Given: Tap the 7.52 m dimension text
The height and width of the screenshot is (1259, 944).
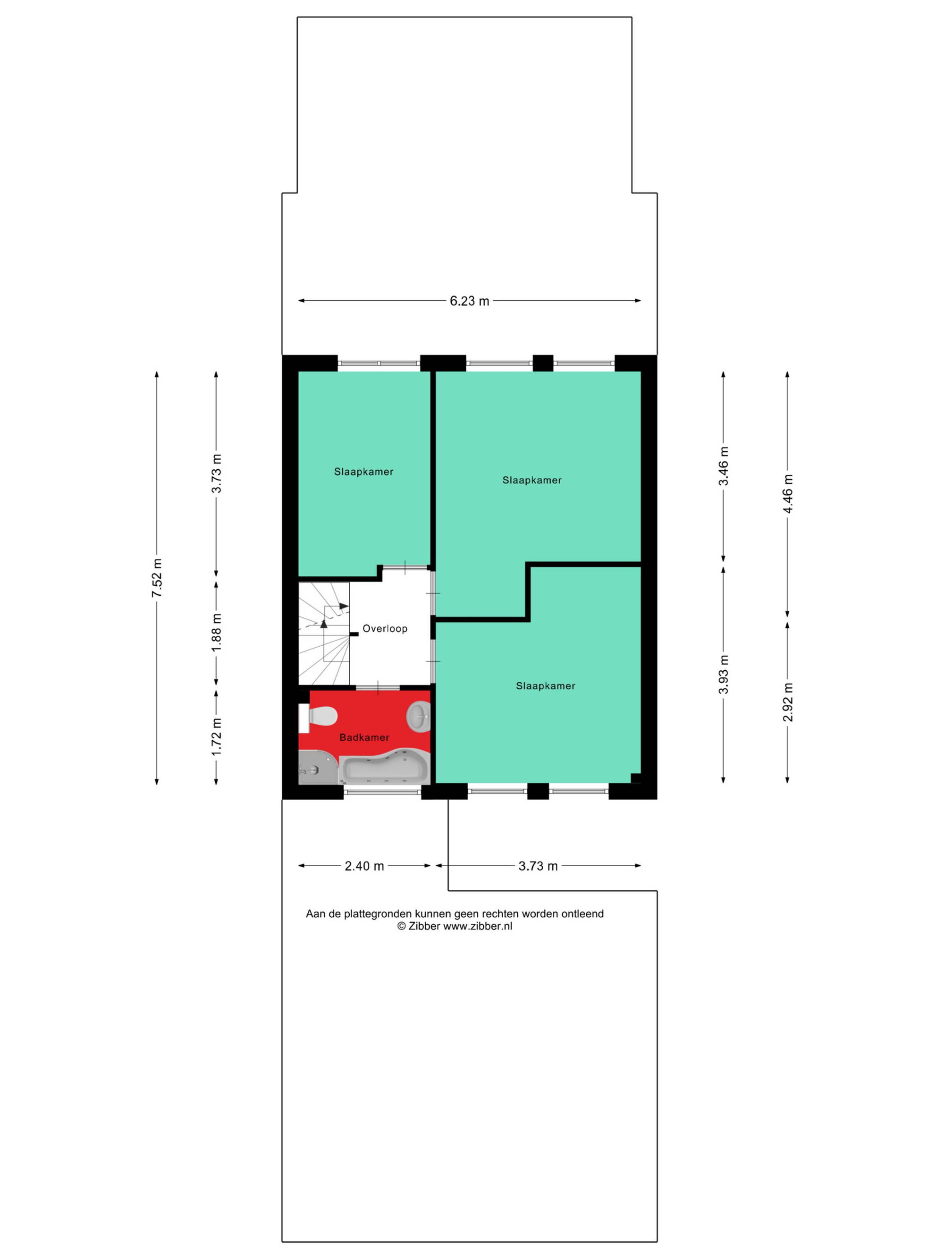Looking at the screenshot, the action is pyautogui.click(x=157, y=578).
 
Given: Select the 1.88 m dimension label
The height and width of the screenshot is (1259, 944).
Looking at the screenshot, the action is pyautogui.click(x=217, y=634).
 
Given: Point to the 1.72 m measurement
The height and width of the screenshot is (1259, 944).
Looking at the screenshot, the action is pyautogui.click(x=217, y=737).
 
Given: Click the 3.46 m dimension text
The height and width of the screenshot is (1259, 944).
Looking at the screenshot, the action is pyautogui.click(x=723, y=466).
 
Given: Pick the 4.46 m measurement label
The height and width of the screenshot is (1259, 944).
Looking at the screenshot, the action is pyautogui.click(x=787, y=493).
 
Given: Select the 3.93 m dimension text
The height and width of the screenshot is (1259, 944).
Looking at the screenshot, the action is pyautogui.click(x=723, y=675).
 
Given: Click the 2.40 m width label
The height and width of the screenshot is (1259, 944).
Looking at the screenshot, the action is pyautogui.click(x=364, y=866).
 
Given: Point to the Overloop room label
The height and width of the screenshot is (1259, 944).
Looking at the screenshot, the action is pyautogui.click(x=385, y=629).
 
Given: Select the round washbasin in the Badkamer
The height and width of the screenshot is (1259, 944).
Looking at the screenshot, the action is pyautogui.click(x=418, y=716).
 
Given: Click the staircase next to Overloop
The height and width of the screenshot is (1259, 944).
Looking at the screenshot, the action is pyautogui.click(x=324, y=633).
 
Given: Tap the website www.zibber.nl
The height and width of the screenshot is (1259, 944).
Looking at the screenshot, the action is pyautogui.click(x=477, y=926).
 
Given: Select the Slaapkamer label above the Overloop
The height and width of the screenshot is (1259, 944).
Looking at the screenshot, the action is pyautogui.click(x=363, y=472).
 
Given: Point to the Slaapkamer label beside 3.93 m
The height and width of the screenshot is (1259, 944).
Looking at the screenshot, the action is pyautogui.click(x=545, y=686).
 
